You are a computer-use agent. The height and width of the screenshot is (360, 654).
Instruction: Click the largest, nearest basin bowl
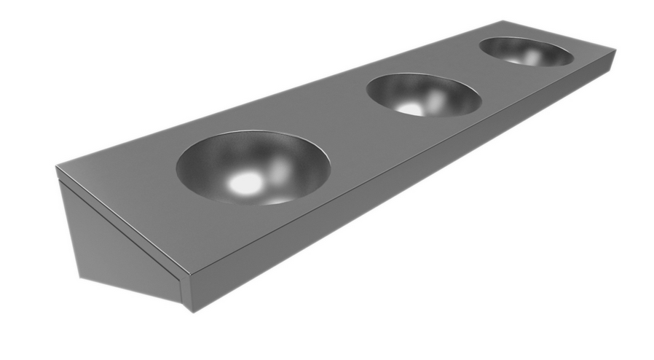click(253, 167)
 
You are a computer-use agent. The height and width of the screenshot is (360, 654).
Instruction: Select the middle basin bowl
click(424, 95)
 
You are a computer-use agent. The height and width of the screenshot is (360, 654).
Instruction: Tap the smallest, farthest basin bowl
click(526, 52)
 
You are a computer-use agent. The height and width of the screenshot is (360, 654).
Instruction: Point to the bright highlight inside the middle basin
click(409, 108)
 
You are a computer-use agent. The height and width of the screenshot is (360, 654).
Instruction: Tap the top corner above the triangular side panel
click(57, 168)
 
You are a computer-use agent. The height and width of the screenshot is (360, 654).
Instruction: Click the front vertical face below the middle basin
click(437, 157)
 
